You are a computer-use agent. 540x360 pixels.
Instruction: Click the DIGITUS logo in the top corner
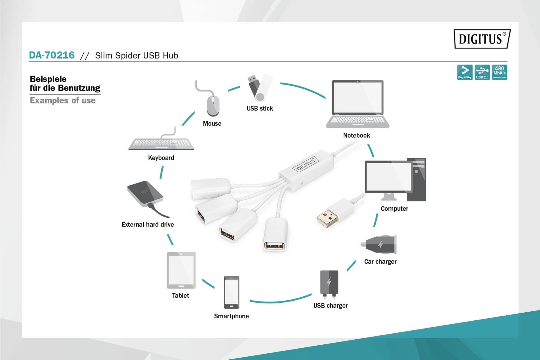482,39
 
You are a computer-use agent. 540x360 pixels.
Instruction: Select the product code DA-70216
52,55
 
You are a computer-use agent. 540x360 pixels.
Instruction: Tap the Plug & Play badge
465,72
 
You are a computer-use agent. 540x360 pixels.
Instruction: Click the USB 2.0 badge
482,72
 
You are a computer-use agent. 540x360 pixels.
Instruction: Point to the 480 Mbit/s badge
499,72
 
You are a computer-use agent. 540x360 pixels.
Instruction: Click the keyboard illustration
161,143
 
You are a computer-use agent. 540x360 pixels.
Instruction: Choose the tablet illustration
181,270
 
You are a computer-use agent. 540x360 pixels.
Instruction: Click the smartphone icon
232,292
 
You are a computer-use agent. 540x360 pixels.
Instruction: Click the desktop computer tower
416,179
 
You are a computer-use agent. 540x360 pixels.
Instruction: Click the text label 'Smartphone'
231,316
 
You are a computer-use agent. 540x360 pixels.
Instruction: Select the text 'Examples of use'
63,100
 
